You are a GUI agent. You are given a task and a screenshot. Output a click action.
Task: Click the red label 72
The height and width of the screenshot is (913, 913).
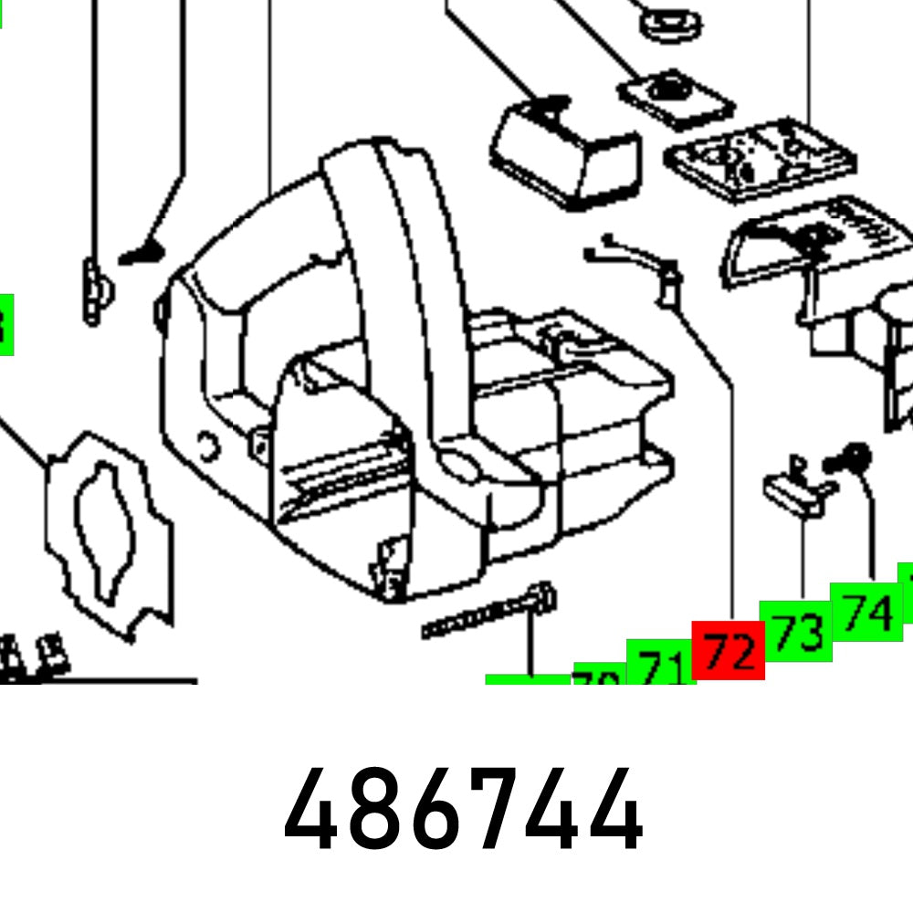tap(728, 651)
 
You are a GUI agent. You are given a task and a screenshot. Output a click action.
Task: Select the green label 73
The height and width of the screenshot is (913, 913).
tap(795, 630)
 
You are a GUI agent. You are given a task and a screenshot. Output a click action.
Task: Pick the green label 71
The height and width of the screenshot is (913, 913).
tap(660, 666)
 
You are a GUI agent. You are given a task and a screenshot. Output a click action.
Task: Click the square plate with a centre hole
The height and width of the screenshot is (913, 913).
tap(677, 96)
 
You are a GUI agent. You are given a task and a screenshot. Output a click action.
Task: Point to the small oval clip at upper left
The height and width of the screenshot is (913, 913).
tap(94, 290)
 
